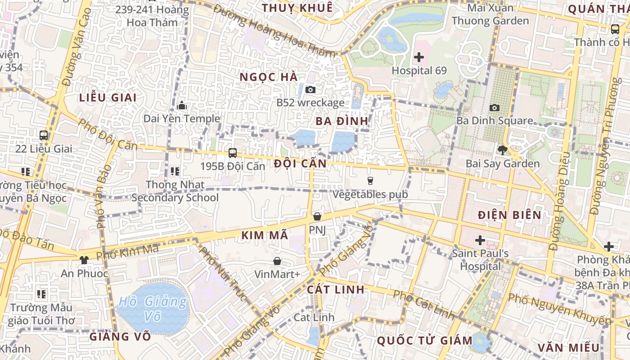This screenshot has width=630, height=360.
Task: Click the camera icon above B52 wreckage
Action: coord(310,90)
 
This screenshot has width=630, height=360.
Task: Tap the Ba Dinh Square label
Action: coord(495,121)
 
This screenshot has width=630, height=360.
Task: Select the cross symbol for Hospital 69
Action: coord(419,57)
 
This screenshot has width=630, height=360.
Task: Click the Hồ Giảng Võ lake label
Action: coord(153,309)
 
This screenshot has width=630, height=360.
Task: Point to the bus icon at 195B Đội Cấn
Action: coord(232,153)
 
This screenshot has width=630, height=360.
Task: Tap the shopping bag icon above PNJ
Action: coord(317,216)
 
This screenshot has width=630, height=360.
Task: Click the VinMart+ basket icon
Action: coord(277,261)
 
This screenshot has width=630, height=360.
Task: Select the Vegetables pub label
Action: coord(370,194)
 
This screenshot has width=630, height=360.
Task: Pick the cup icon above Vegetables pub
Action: coord(370,181)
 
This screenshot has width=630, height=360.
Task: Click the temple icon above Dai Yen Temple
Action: coord(182,106)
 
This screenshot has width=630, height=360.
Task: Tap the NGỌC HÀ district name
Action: coord(269,77)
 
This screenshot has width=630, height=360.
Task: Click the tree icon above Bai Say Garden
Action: coord(502,150)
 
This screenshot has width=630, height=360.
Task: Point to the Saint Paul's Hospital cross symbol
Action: coord(480,240)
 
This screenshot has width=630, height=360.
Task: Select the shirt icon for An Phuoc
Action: coord(84,260)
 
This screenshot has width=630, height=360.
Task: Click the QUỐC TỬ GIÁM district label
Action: coord(424,340)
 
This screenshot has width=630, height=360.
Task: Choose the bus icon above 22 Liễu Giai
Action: coord(44,135)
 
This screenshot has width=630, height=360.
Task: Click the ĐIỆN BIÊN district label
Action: coord(509,215)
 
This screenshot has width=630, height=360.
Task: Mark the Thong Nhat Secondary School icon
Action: coord(175,171)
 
